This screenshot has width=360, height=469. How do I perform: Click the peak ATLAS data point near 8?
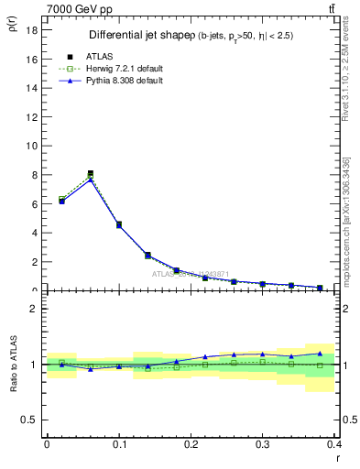pyautogui.click(x=90, y=173)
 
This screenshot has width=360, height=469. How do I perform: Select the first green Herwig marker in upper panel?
pyautogui.click(x=61, y=199)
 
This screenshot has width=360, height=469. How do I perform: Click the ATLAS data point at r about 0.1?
pyautogui.click(x=119, y=224)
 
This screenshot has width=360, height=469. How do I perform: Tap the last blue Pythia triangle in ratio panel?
pyautogui.click(x=320, y=354)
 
